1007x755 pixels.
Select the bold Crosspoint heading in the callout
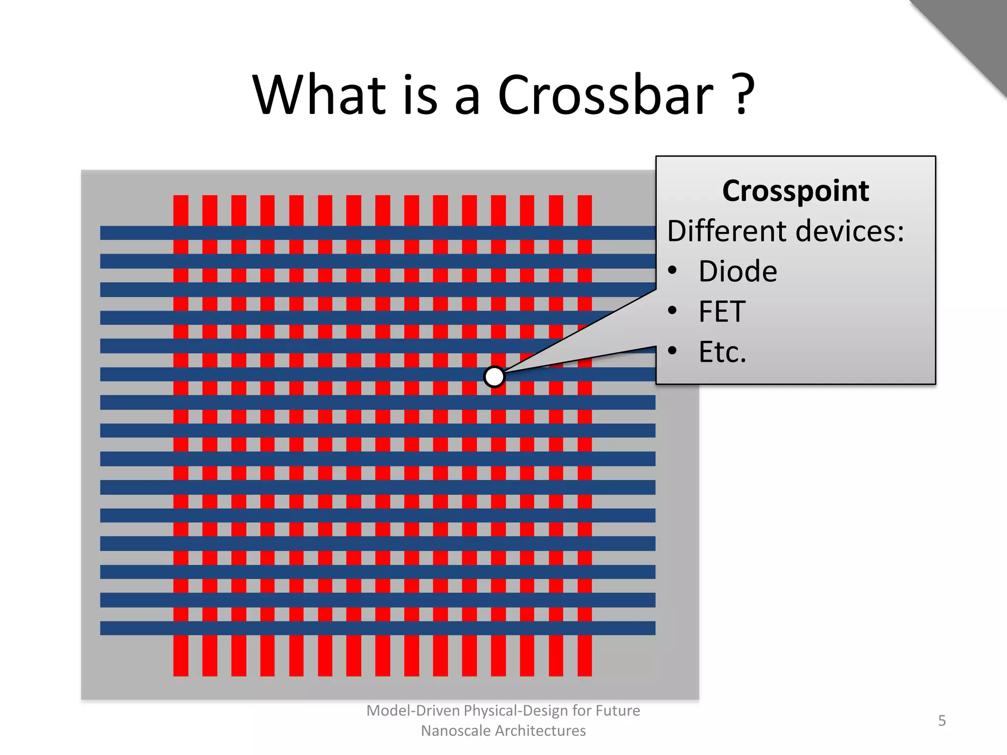(795, 191)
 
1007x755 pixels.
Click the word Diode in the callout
(738, 271)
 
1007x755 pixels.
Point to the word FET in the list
(722, 312)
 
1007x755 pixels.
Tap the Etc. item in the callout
(722, 352)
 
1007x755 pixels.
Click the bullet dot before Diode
(673, 270)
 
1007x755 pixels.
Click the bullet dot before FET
(673, 310)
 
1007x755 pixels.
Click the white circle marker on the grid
(494, 377)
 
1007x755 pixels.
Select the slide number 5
(942, 721)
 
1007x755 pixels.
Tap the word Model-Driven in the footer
(413, 711)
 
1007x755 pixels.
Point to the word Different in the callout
(727, 231)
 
